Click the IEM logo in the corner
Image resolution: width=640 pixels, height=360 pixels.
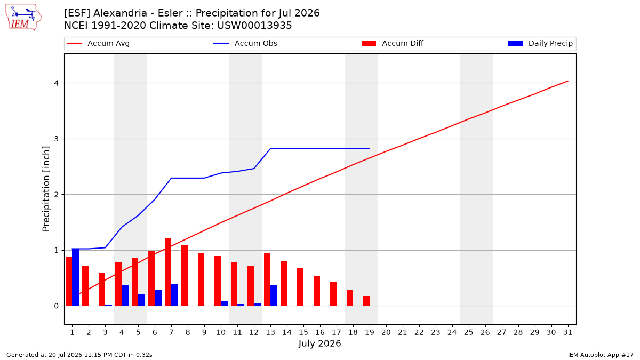(x=23, y=18)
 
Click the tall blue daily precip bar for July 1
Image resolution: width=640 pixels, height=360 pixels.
(x=75, y=277)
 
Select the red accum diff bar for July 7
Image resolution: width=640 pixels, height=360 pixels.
(x=168, y=271)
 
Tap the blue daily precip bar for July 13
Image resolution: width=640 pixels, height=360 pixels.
(x=274, y=295)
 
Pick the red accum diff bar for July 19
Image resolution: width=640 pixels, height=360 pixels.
(x=366, y=301)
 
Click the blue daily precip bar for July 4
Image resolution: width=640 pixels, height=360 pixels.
(x=125, y=295)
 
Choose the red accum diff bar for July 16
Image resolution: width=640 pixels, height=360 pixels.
(x=317, y=291)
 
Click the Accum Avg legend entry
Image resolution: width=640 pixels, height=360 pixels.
(x=98, y=43)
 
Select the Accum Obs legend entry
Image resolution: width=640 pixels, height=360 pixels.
(x=245, y=43)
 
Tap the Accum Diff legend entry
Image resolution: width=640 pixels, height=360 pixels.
(x=393, y=43)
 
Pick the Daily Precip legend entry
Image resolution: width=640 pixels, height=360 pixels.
(x=540, y=43)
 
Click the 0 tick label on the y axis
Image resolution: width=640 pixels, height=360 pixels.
(x=57, y=306)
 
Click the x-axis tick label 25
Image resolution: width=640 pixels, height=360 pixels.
(x=469, y=332)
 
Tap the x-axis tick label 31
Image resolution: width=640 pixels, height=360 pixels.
(x=567, y=332)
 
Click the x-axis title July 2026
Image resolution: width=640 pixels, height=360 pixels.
(x=319, y=343)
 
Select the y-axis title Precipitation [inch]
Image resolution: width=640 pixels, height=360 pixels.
(x=46, y=189)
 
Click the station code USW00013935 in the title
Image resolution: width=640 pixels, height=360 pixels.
(x=254, y=26)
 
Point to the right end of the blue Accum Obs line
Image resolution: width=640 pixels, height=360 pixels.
(x=370, y=149)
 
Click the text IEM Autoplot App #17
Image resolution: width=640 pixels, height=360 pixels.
(x=601, y=355)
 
